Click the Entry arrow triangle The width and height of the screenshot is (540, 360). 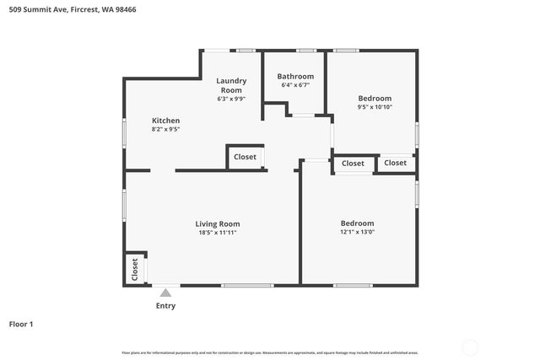click(x=165, y=293)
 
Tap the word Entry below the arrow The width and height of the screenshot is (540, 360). click(x=165, y=306)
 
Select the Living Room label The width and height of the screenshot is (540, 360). click(x=218, y=223)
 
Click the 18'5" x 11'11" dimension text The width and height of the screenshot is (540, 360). click(x=218, y=233)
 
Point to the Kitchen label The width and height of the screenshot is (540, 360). click(x=165, y=121)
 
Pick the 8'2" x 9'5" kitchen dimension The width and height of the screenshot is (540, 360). click(x=165, y=129)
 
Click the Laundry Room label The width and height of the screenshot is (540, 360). click(x=231, y=85)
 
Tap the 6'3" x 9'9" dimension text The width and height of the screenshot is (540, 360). click(x=231, y=99)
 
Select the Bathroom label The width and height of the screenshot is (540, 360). click(x=295, y=77)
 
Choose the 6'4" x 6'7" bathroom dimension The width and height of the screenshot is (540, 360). click(x=295, y=85)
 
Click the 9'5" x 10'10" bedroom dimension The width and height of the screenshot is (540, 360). click(x=375, y=106)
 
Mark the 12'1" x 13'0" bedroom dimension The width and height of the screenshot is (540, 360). click(x=358, y=232)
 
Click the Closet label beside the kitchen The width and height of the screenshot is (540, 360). click(x=245, y=157)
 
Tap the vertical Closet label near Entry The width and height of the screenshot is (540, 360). click(x=135, y=269)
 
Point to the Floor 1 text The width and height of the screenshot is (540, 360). click(x=21, y=324)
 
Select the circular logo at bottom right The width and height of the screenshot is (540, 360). click(x=470, y=347)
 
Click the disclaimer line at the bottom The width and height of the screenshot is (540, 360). click(x=269, y=352)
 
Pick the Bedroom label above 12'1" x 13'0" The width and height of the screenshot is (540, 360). click(x=358, y=223)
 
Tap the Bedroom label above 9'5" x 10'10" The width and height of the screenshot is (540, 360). click(x=375, y=97)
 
